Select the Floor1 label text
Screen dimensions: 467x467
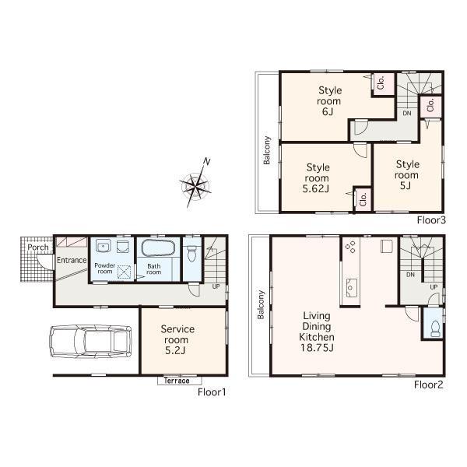tap(211, 392)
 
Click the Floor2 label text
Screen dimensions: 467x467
tap(428, 384)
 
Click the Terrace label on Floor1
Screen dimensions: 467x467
tap(178, 381)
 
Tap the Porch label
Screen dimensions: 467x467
tap(38, 248)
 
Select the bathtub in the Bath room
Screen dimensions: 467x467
tap(158, 251)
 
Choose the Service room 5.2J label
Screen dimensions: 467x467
tap(177, 340)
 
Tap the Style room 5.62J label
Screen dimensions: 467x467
tap(318, 177)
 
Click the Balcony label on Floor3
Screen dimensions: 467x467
tap(267, 151)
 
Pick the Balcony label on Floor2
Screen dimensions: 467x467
tap(261, 305)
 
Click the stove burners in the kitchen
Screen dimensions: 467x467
tap(350, 247)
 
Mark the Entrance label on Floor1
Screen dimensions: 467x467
tap(70, 260)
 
